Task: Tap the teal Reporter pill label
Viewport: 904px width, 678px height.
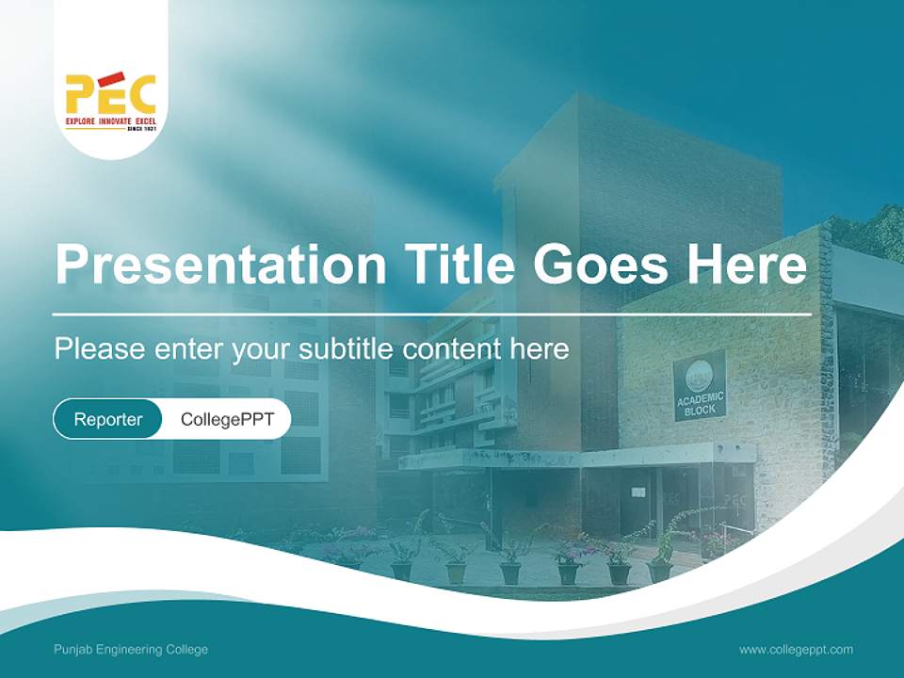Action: coord(107,419)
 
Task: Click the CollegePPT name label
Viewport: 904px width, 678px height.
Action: coord(227,419)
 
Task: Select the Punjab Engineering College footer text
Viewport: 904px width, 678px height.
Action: coord(131,650)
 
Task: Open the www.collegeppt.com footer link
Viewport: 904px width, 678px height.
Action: coord(796,650)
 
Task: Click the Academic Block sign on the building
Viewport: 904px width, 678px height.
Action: coord(700,385)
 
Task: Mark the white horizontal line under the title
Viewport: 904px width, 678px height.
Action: coord(432,314)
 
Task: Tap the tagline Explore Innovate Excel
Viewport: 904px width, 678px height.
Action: coord(110,121)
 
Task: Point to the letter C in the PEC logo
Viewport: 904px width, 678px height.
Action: coord(138,94)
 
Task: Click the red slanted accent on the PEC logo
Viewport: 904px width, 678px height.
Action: coord(112,77)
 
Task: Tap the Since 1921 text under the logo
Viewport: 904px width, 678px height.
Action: coord(140,129)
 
